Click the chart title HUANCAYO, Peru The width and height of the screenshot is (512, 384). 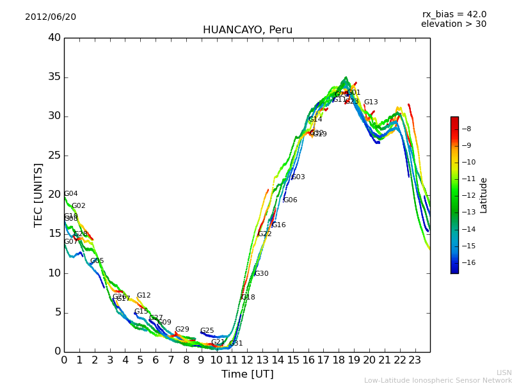click(247, 30)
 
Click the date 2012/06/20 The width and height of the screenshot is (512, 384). click(51, 17)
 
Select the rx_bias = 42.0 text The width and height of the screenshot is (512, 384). click(454, 14)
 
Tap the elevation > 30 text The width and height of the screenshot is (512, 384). click(453, 24)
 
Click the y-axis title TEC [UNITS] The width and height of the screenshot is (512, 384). click(38, 195)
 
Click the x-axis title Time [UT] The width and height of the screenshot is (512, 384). click(247, 374)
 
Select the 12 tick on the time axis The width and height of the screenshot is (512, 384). click(247, 360)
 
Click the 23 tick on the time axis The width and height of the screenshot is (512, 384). click(415, 360)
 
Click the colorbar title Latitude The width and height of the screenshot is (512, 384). click(484, 195)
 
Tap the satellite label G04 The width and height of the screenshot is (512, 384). click(71, 194)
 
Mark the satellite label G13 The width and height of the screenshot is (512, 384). click(371, 102)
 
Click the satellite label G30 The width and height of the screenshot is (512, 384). click(261, 274)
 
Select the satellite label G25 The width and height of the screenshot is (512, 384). click(207, 331)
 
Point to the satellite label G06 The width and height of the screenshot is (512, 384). click(290, 200)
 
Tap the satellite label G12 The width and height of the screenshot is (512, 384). click(143, 296)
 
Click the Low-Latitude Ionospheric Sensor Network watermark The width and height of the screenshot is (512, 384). click(438, 380)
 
